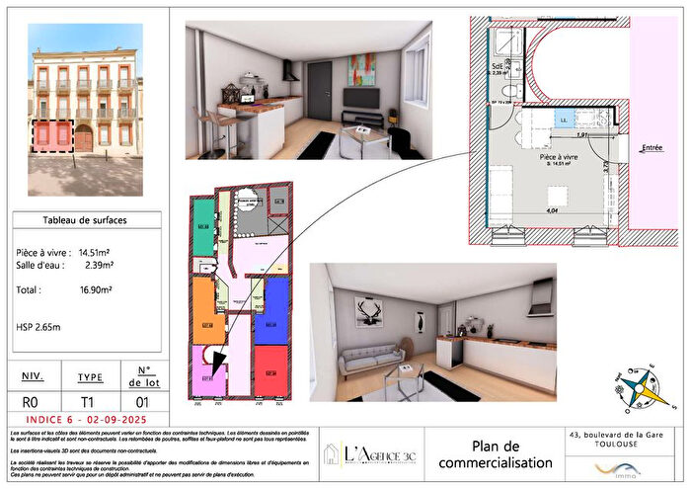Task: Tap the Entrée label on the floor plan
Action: click(x=653, y=148)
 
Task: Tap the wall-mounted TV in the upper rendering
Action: click(x=361, y=98)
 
